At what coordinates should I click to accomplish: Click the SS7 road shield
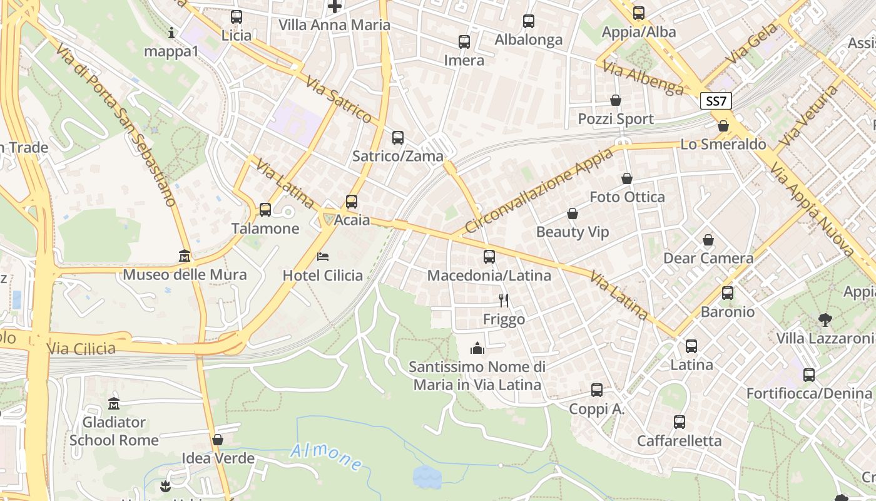716,101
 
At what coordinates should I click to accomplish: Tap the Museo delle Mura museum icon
185,256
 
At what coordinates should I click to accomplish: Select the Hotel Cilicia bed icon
323,256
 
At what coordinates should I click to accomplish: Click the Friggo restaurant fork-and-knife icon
504,301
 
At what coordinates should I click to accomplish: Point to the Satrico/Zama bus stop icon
398,138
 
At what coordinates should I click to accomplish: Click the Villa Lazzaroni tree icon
825,320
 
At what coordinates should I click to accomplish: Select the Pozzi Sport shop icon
616,100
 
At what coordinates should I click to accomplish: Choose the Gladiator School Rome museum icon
114,403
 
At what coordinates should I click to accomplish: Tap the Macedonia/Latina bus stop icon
489,257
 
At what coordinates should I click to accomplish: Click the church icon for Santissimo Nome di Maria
477,348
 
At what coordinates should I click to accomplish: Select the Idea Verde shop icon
218,440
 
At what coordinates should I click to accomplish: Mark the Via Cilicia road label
81,349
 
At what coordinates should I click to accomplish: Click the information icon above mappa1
171,33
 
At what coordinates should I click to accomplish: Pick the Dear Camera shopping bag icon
708,240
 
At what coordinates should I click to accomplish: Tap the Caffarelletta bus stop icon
680,422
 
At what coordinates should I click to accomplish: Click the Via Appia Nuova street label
813,209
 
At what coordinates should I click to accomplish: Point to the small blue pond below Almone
427,477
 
